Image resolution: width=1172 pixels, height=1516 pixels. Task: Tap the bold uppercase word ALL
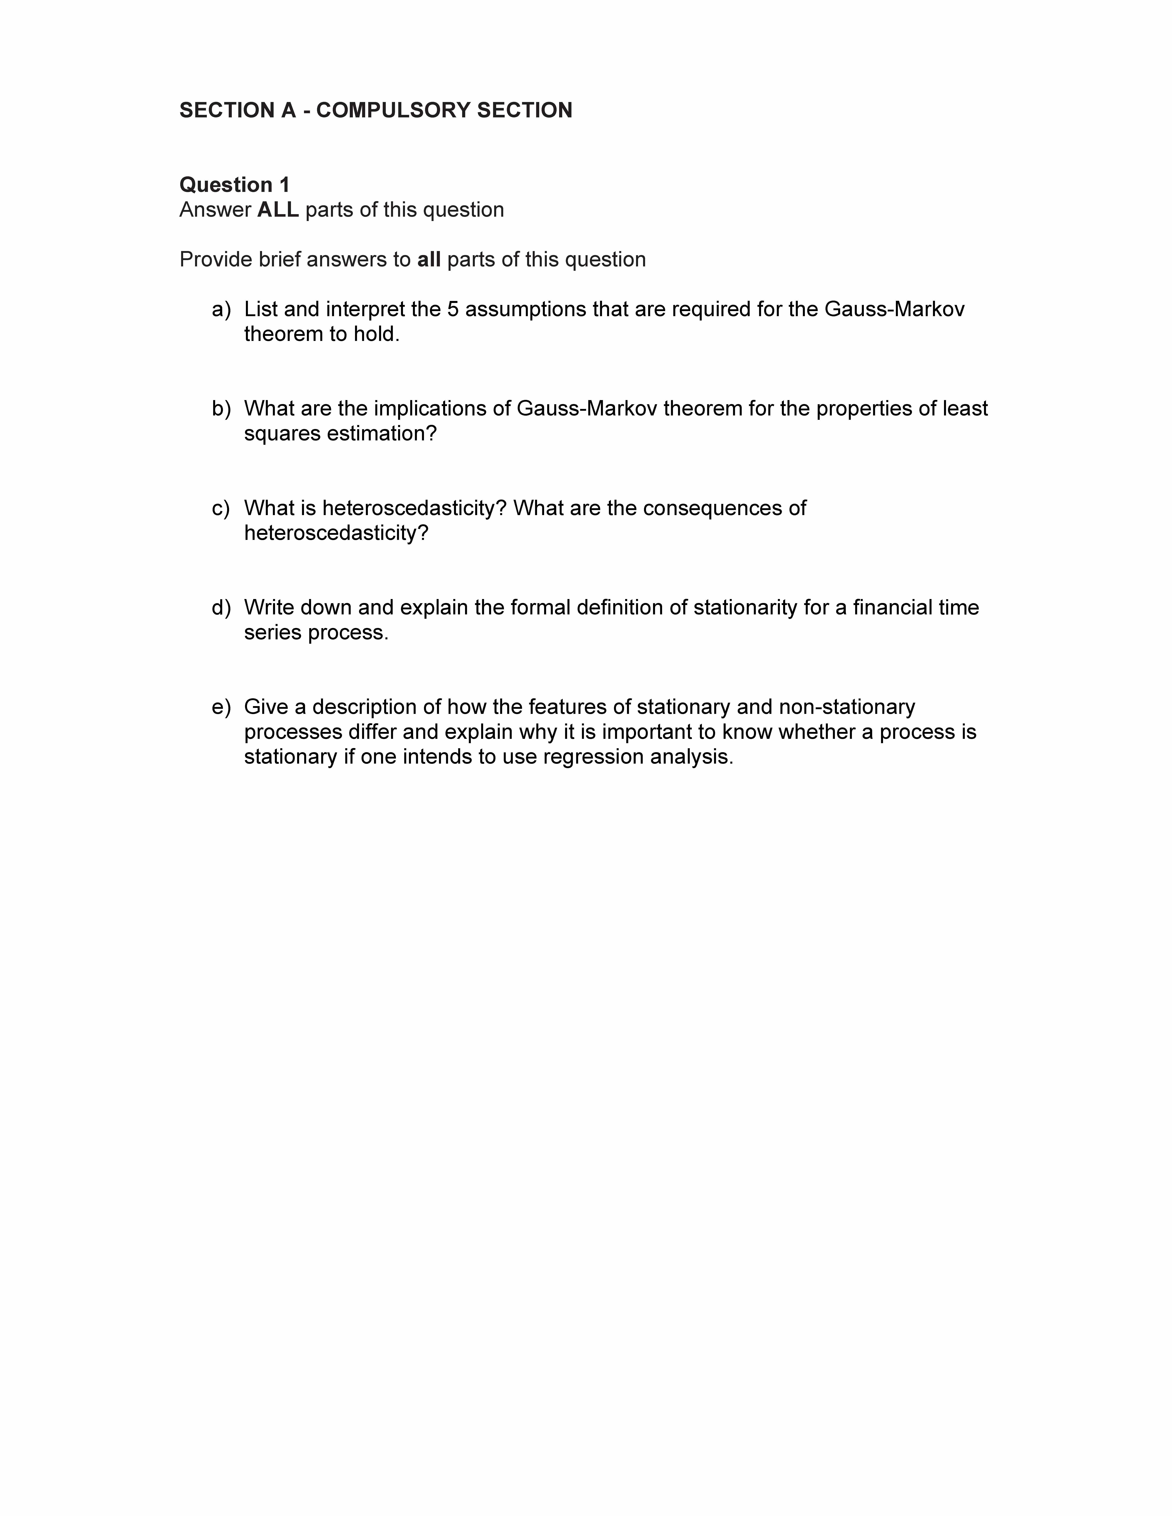pyautogui.click(x=278, y=210)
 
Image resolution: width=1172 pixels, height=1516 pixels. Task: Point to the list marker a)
pyautogui.click(x=221, y=310)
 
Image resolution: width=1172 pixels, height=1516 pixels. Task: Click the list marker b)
pyautogui.click(x=221, y=409)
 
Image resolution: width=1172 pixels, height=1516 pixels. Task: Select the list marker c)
pyautogui.click(x=221, y=508)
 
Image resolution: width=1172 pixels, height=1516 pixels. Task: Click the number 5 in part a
pyautogui.click(x=453, y=310)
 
